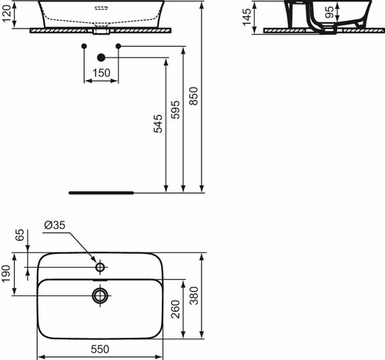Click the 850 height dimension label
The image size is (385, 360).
coord(194,96)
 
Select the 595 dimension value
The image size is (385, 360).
coord(176,110)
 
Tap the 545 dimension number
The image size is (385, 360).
coord(158,124)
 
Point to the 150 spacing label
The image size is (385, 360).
coord(102,73)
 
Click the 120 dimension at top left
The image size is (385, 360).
coord(7,14)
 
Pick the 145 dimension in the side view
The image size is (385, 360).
coord(247,17)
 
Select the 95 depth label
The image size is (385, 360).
coord(330,12)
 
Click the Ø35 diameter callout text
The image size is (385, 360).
coord(55,225)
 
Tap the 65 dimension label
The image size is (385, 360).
coord(20,235)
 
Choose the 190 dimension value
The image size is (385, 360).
coord(6,274)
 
